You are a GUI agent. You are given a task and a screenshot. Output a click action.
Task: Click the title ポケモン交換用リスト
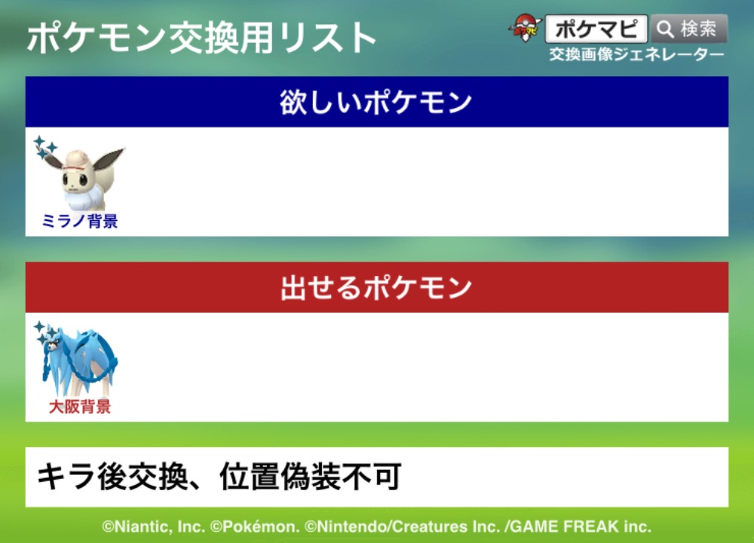click(201, 38)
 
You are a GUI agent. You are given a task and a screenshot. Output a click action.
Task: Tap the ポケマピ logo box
click(596, 29)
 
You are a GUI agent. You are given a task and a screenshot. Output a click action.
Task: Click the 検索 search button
click(689, 29)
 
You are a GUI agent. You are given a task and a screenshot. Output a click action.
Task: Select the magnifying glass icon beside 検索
click(665, 29)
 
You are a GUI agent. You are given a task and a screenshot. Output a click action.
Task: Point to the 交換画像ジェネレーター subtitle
click(636, 54)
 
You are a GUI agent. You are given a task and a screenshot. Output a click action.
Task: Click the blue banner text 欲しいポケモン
click(376, 102)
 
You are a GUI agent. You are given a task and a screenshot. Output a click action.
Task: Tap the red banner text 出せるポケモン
click(376, 287)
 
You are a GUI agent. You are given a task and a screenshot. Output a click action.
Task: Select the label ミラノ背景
click(80, 221)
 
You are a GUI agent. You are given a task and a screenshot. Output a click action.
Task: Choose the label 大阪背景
click(80, 407)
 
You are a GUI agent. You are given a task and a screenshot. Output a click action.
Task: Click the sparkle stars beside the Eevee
click(44, 147)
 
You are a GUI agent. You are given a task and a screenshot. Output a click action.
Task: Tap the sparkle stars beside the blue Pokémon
click(44, 332)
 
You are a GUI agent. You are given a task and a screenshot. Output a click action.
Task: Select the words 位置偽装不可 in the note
click(311, 477)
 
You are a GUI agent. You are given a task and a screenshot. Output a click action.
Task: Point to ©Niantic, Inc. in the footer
click(153, 526)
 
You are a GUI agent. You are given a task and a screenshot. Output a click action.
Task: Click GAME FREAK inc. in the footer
click(581, 526)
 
